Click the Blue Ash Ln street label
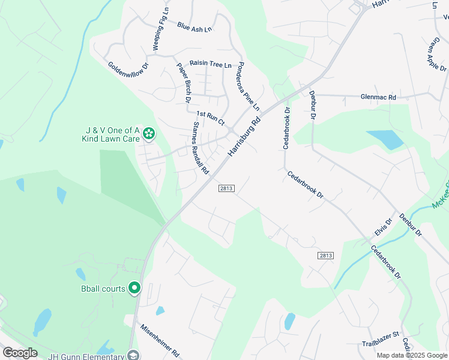click(194, 27)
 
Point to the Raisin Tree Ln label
click(210, 64)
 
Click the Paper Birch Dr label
click(182, 82)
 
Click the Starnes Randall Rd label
click(200, 149)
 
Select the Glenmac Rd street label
click(378, 97)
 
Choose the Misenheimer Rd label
click(160, 340)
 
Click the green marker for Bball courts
click(134, 289)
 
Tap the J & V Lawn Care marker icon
click(148, 134)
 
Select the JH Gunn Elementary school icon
click(133, 355)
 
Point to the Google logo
click(20, 352)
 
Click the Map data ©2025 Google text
click(411, 355)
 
